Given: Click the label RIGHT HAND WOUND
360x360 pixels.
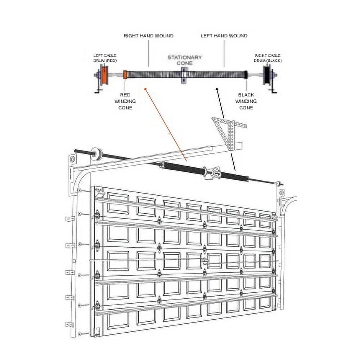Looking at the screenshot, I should [x=148, y=36].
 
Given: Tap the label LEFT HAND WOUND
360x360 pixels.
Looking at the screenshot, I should [x=224, y=36].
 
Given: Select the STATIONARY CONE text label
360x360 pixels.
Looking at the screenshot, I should [x=185, y=60].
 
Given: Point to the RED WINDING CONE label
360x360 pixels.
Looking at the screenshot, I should [x=125, y=101].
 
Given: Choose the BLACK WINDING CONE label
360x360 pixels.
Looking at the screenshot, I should [x=246, y=101].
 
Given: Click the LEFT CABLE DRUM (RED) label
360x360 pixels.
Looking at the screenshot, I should [x=105, y=58].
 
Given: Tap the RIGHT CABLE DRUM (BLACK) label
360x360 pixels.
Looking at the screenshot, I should [x=268, y=58].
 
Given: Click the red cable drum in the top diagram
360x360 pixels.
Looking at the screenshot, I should [x=105, y=75].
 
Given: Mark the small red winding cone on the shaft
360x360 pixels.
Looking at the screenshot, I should [x=125, y=75].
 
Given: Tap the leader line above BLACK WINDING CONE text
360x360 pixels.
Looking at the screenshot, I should [x=246, y=85].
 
